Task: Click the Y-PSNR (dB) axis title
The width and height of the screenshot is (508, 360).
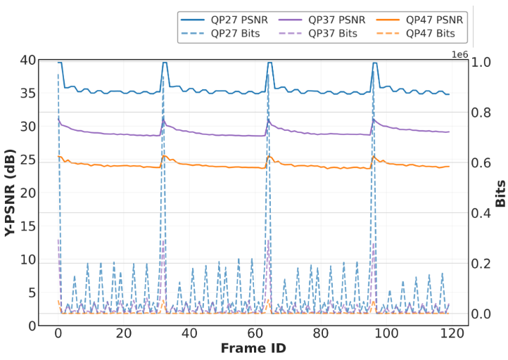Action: click(x=11, y=193)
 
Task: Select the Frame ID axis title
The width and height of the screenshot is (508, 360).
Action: click(x=253, y=348)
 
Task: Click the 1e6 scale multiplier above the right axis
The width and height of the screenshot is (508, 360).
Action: click(x=459, y=54)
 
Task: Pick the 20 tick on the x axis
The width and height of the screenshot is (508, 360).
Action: click(x=123, y=333)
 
